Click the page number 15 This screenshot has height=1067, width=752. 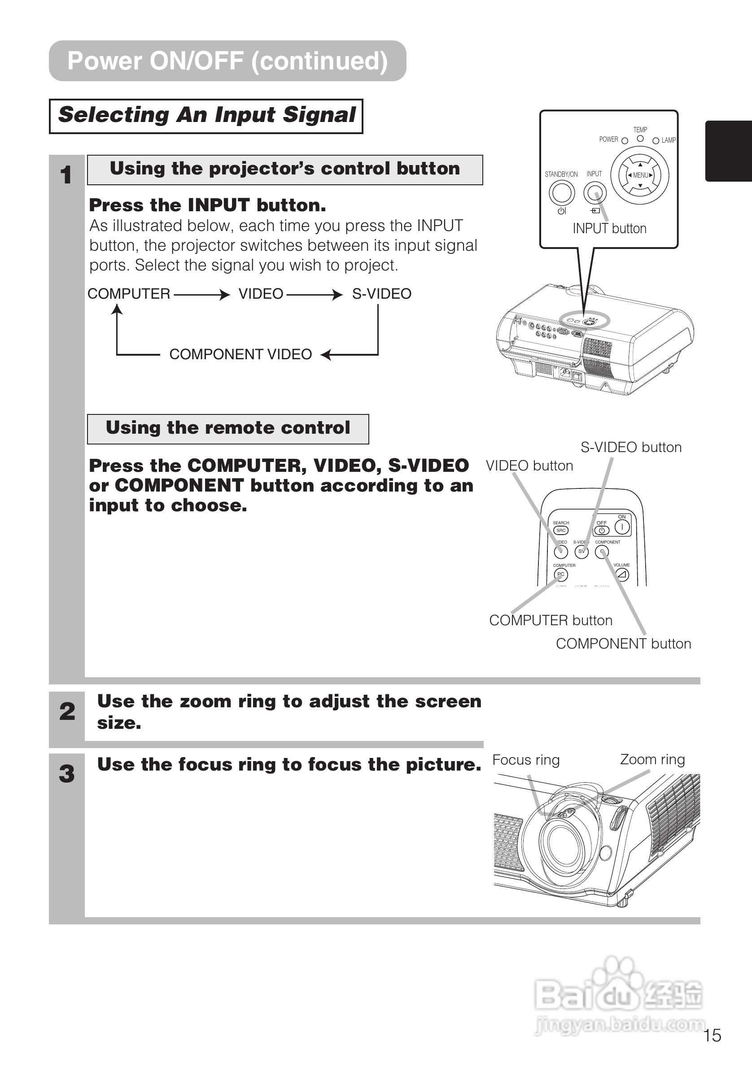click(712, 1036)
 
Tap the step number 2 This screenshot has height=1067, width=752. click(67, 711)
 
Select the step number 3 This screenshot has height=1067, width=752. click(67, 774)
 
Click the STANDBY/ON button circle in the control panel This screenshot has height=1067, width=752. click(561, 192)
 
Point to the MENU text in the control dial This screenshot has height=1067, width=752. click(640, 175)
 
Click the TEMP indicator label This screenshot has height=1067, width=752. click(640, 130)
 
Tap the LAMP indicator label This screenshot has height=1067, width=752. click(669, 140)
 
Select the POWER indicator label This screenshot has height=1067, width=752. click(608, 139)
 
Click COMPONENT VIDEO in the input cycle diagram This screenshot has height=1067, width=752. click(240, 355)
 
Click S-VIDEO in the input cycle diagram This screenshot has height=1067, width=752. click(381, 294)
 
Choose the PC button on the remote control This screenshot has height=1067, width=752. click(561, 575)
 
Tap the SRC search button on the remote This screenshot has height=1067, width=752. click(561, 530)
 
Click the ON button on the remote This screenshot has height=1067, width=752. click(622, 527)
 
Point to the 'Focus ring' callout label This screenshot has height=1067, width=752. click(526, 760)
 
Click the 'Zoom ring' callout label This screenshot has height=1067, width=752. click(652, 759)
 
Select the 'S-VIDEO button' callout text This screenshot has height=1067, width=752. click(631, 447)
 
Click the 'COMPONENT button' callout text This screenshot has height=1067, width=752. click(623, 644)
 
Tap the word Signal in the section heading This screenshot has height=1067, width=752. click(319, 115)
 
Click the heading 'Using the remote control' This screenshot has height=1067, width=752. click(228, 428)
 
